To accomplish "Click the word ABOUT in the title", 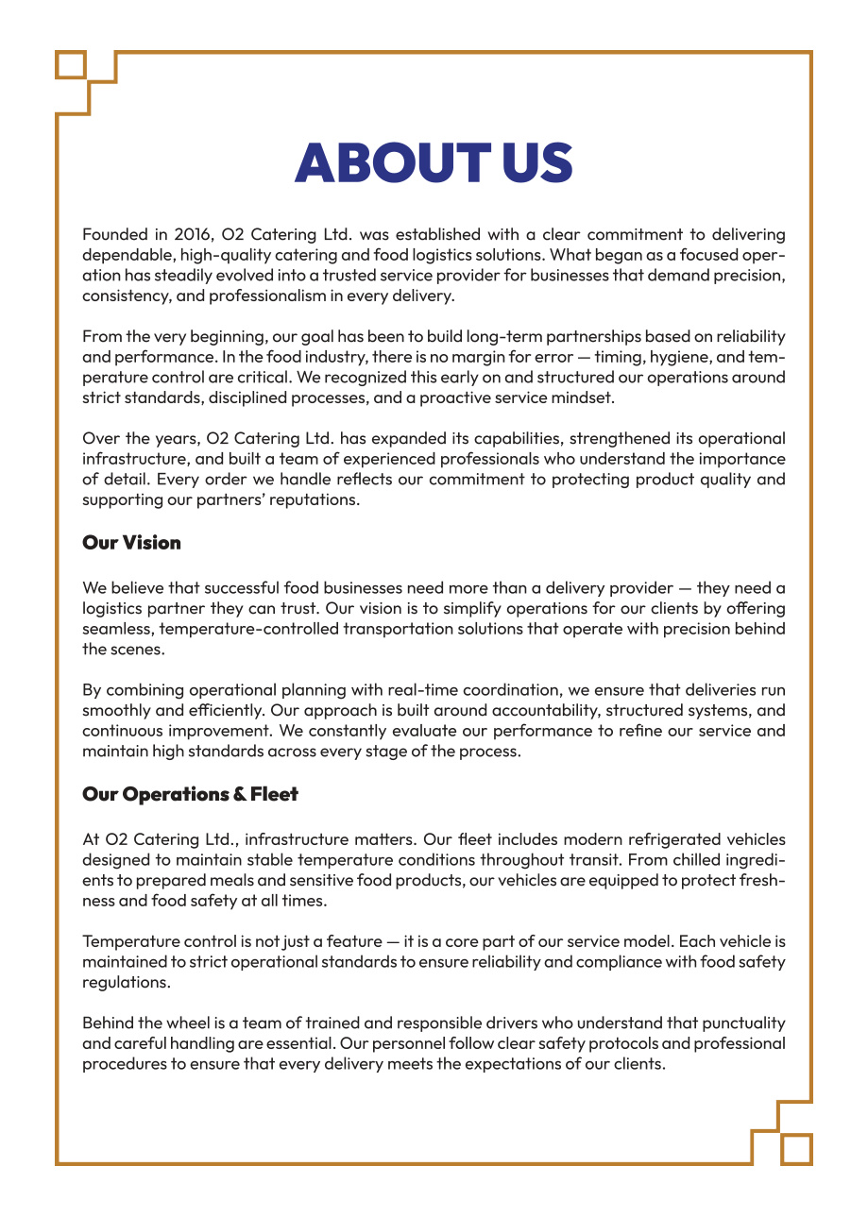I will point(391,164).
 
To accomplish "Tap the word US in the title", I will point(536,164).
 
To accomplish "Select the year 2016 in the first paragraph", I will point(194,234).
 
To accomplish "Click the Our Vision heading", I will point(131,543).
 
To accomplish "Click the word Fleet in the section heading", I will point(274,795).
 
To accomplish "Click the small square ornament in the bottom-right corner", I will point(797,1149).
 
